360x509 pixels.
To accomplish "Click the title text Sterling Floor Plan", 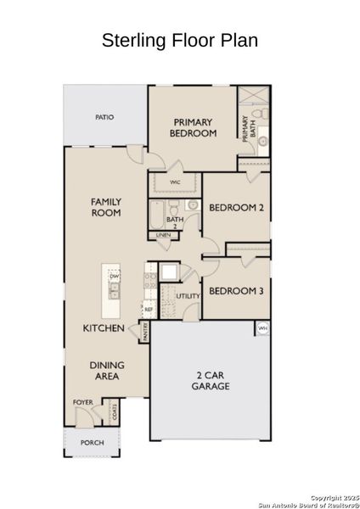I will click(179, 40).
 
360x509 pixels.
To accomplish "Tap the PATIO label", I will click(104, 117).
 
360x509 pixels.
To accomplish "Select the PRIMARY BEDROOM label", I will click(193, 127).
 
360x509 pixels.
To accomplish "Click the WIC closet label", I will click(175, 182).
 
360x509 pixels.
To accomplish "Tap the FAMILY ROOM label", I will click(106, 207).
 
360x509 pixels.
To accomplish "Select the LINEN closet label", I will click(162, 235).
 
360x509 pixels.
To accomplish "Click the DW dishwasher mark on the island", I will click(114, 277).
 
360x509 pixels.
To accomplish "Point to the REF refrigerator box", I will click(148, 310).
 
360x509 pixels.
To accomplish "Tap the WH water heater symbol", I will click(262, 327).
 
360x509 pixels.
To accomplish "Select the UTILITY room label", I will click(188, 296).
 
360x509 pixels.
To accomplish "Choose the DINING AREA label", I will click(106, 370).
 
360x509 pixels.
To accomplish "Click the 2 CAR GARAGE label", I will click(210, 380).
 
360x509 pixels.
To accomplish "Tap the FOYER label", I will click(82, 403).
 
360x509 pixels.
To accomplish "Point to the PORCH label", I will click(92, 443).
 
